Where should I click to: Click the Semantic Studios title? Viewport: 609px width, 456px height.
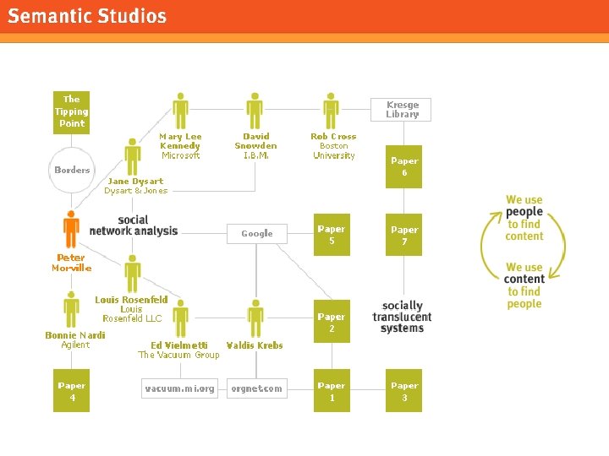(88, 16)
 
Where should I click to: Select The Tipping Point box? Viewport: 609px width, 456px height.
(71, 111)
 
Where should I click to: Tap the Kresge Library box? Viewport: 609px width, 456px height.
(403, 110)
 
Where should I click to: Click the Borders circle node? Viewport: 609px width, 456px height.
(72, 170)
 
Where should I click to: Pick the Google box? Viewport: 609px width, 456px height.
(257, 233)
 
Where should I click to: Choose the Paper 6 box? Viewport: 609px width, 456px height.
(404, 166)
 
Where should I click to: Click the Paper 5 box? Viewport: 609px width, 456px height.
(331, 235)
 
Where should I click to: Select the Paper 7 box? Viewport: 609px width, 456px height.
(404, 235)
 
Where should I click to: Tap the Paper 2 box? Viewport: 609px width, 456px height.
(331, 323)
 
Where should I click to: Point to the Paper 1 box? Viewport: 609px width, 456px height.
(331, 391)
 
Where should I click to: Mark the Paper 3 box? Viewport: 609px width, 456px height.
(404, 391)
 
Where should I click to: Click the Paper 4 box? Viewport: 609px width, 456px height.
(71, 391)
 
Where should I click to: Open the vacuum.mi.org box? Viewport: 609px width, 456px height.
(180, 388)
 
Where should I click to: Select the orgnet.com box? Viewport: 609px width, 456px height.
(257, 388)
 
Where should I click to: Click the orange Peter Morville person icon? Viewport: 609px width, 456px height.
(71, 230)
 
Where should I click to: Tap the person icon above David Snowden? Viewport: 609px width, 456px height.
(255, 111)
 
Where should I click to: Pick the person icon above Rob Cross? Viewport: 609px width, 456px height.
(332, 111)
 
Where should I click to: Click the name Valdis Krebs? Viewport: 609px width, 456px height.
(255, 345)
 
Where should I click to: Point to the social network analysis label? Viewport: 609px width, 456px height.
(134, 225)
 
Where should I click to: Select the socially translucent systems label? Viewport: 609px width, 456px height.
(402, 317)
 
